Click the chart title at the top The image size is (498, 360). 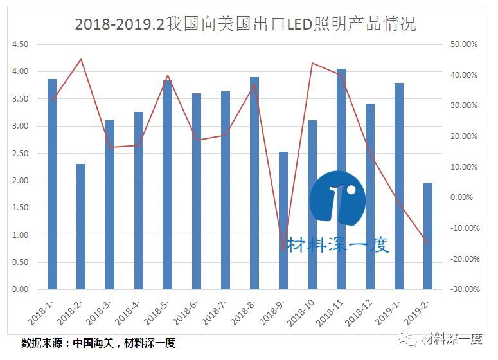tap(245, 24)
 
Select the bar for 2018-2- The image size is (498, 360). tap(81, 226)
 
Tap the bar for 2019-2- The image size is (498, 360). tap(428, 236)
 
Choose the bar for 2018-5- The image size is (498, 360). tap(168, 184)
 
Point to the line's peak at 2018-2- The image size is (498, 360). tap(80, 59)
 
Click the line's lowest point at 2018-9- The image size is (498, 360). tap(283, 250)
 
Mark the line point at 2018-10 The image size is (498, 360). tap(312, 63)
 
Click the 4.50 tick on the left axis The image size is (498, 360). tap(20, 44)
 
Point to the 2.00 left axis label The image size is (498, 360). tap(20, 181)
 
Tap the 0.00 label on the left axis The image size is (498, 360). tap(20, 289)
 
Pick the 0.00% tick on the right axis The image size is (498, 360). tap(464, 197)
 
